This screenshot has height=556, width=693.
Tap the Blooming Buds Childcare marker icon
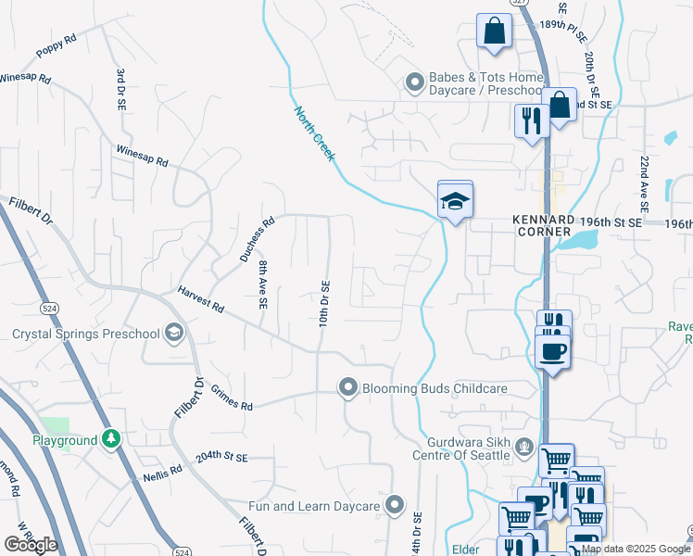pos(348,387)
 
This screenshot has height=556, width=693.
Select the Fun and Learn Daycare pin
pos(396,505)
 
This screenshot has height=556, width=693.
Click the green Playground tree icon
pos(111,438)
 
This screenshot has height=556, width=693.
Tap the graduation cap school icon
pos(456,200)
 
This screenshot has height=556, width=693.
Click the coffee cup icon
pos(552,352)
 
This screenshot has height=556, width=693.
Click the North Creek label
pos(314,134)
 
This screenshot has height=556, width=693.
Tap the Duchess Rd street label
pos(257,237)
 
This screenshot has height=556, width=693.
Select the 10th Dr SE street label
pos(325,302)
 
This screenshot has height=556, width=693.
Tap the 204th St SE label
pos(222,458)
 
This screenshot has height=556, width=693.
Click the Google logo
pos(31,544)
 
